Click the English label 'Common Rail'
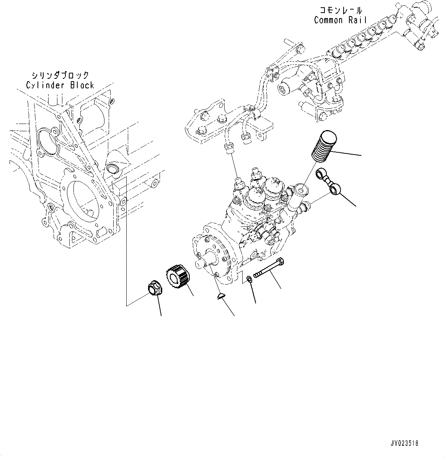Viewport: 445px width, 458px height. (x=340, y=20)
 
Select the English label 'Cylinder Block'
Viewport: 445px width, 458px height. (x=60, y=85)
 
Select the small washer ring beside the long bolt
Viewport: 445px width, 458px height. (x=249, y=280)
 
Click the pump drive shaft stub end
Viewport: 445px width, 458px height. (x=202, y=264)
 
